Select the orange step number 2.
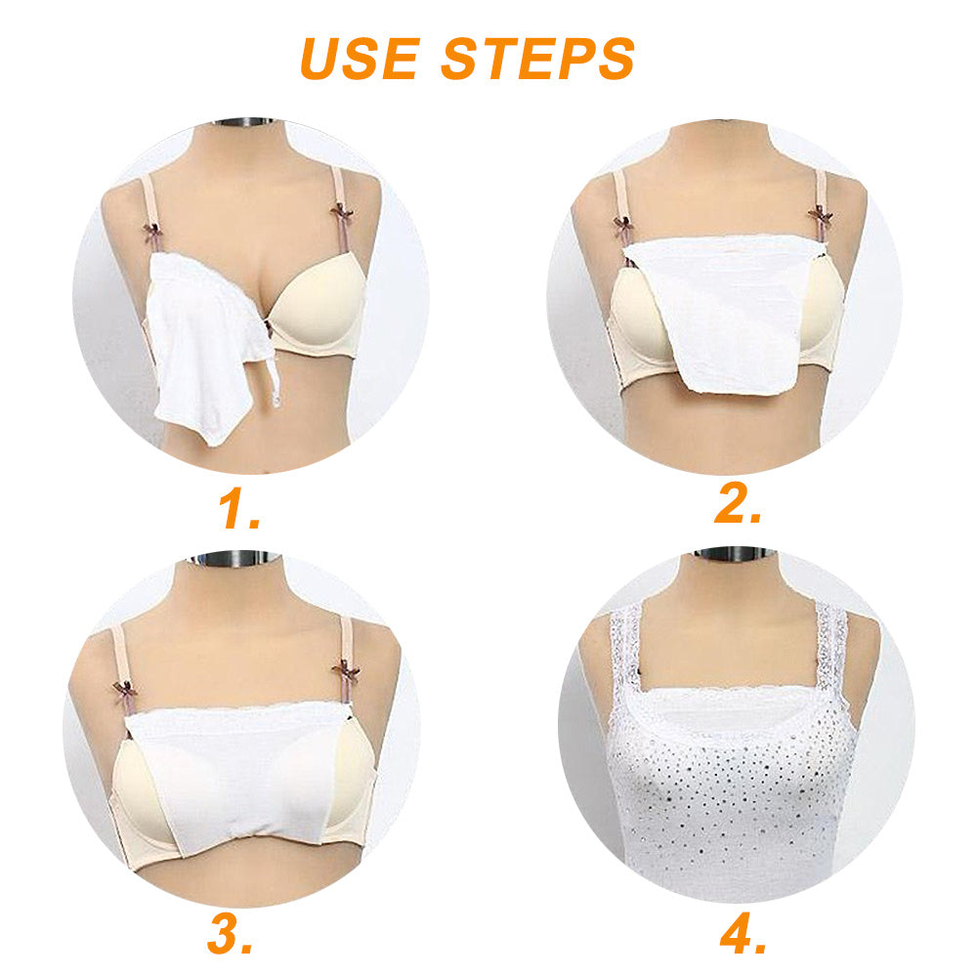coord(738,502)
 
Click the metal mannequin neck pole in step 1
coord(243,121)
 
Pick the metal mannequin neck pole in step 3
coord(234,557)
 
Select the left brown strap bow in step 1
coord(153,232)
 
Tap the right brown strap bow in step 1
coord(341,214)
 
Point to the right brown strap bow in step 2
coord(821,217)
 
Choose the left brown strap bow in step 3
coord(125,690)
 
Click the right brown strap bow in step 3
coord(346,673)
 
